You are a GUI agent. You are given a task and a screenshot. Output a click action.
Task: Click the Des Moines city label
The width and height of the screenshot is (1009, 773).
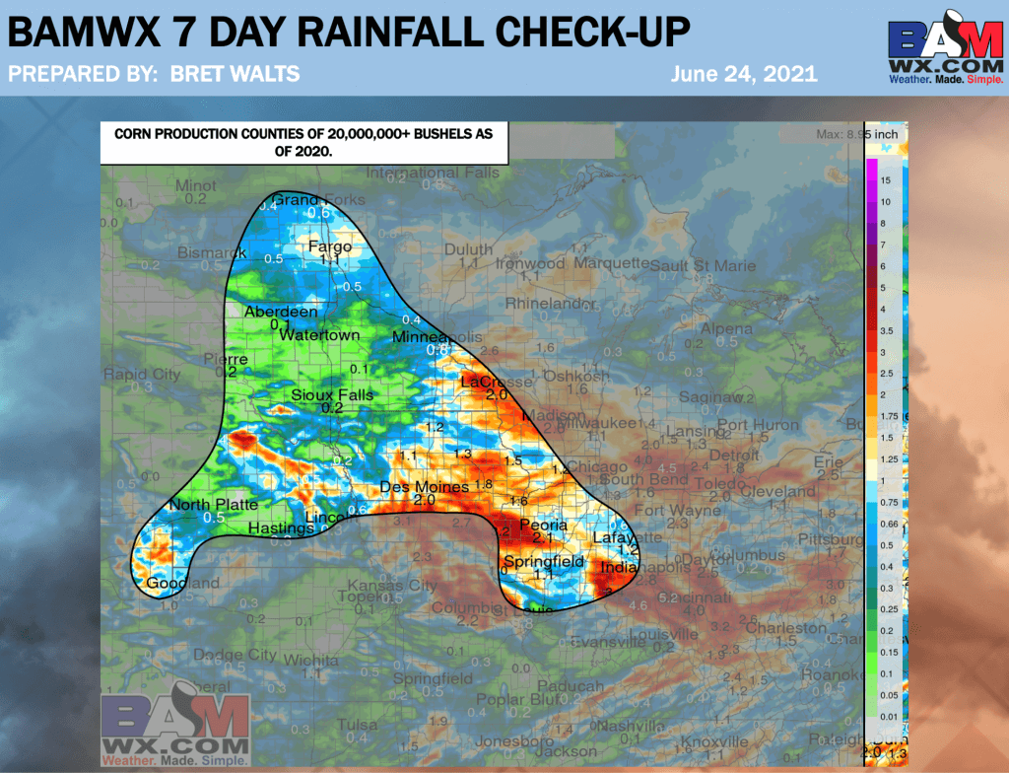tap(419, 488)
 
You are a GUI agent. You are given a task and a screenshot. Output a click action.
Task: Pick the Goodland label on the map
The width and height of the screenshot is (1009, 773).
tap(183, 583)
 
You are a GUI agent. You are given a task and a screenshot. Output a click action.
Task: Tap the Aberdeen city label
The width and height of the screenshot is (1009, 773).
tap(282, 313)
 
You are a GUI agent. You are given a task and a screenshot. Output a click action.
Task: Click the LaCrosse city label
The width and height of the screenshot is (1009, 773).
tap(496, 382)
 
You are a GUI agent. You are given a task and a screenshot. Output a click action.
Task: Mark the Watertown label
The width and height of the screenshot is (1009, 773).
tap(319, 335)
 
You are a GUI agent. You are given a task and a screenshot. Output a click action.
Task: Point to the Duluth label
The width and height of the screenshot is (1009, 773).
tap(468, 250)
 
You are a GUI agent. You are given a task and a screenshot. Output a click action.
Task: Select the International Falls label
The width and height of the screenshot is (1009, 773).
tap(433, 173)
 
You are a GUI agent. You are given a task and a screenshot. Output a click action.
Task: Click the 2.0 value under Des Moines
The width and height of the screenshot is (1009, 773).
tap(424, 501)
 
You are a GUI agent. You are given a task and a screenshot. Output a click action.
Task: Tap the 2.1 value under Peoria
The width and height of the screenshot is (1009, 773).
tap(542, 539)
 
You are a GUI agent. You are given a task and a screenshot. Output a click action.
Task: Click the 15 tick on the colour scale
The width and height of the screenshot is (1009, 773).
tap(886, 180)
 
